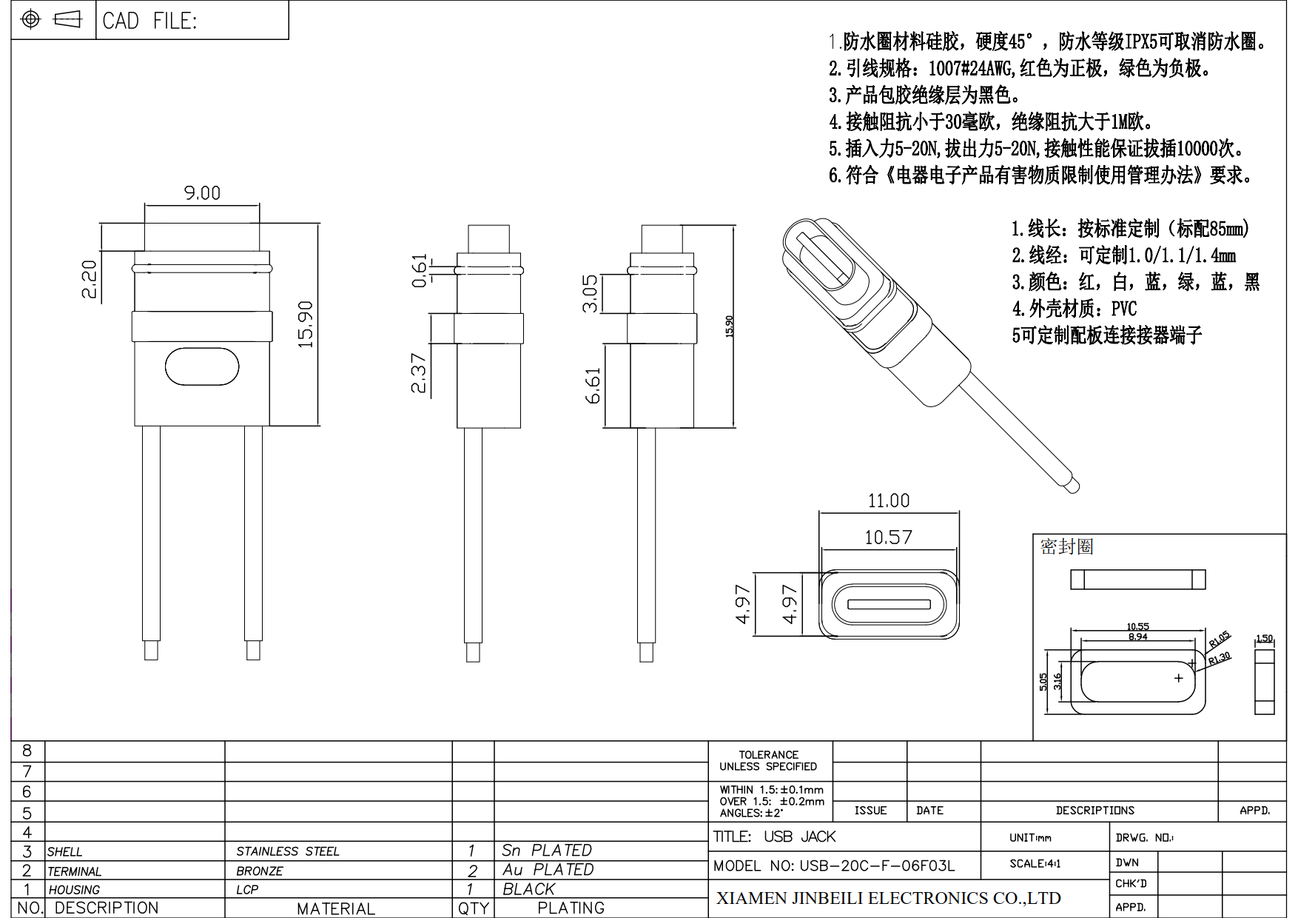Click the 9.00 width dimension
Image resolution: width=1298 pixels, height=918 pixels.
(202, 193)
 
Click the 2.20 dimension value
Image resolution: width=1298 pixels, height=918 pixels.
(89, 279)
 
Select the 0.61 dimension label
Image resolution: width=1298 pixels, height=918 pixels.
(420, 270)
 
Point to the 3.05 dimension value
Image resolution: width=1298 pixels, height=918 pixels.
(590, 294)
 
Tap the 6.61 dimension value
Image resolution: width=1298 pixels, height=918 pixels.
(593, 386)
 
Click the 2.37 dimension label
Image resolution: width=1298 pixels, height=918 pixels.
(419, 373)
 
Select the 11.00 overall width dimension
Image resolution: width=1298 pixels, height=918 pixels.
(888, 501)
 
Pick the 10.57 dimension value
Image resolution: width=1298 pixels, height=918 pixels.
(888, 537)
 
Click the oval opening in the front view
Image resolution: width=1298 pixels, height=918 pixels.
(202, 366)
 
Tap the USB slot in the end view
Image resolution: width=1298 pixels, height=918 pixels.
(889, 605)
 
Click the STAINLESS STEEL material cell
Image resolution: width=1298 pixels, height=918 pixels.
(288, 851)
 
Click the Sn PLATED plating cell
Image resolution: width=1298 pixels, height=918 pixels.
(547, 851)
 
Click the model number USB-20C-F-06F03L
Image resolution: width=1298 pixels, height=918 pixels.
(834, 865)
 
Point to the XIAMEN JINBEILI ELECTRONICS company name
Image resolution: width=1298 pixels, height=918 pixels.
(888, 898)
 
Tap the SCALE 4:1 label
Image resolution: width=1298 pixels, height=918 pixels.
(1035, 863)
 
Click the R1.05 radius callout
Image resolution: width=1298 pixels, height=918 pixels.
(1219, 639)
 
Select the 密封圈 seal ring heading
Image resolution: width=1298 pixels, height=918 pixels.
(1066, 547)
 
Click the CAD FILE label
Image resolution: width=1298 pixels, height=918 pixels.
(150, 21)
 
